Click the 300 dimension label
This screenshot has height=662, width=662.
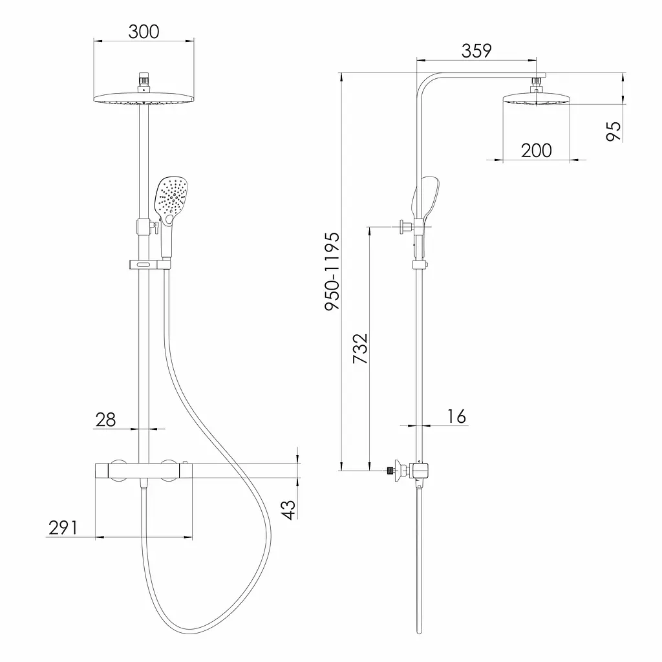point(144,32)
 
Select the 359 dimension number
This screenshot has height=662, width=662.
point(476,50)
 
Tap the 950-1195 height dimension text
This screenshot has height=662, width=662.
point(332,272)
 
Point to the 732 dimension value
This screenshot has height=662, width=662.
point(361,348)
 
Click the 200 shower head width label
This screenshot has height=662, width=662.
point(536,150)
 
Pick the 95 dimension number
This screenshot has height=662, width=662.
point(614,131)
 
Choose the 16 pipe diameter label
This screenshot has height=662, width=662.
point(456,416)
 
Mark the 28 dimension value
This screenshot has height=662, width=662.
point(105,420)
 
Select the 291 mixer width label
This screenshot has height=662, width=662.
point(63,528)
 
